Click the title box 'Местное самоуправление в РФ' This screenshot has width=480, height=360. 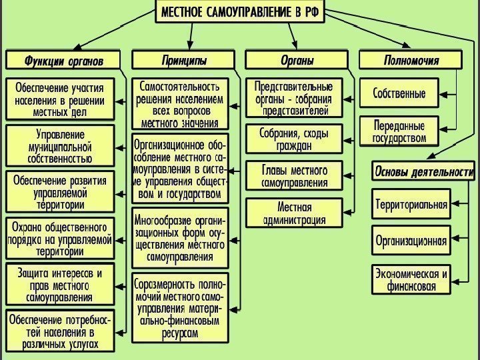(x=239, y=13)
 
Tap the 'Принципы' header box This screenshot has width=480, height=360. (x=183, y=61)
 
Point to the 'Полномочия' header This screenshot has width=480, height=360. (x=411, y=61)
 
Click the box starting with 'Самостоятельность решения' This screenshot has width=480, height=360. (x=180, y=105)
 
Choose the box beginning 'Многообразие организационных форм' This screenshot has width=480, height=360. (x=180, y=239)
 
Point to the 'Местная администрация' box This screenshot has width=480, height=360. (x=293, y=213)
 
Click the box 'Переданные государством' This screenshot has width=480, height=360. (x=399, y=131)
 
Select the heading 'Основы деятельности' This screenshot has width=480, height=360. (x=423, y=171)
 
